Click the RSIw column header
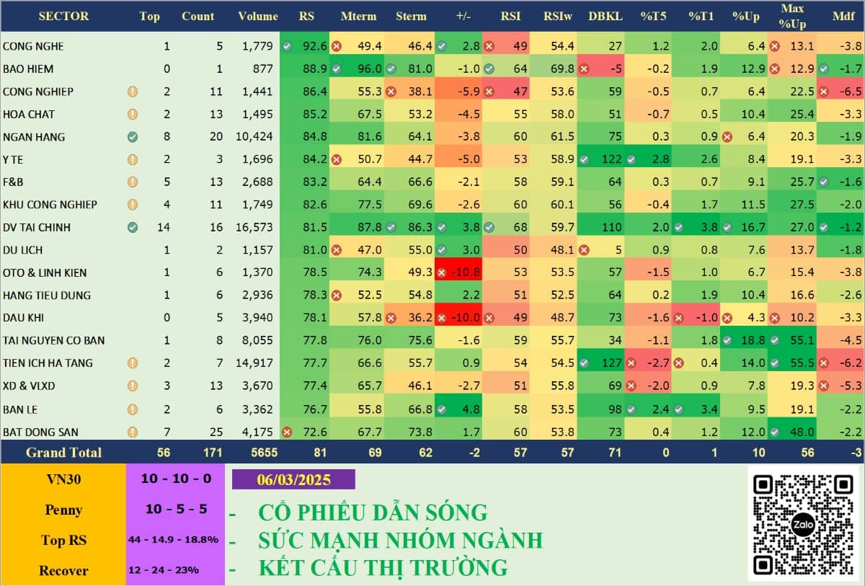559,16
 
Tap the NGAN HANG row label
34,137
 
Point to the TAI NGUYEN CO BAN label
53,340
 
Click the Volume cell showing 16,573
254,228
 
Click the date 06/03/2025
293,479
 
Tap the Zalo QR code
803,524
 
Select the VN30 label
63,479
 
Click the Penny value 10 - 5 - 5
176,509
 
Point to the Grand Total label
63,453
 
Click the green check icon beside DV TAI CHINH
132,228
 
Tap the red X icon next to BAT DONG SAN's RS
287,432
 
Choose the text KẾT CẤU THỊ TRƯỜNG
383,568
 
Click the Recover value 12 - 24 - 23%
164,570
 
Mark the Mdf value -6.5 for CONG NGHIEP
840,92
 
